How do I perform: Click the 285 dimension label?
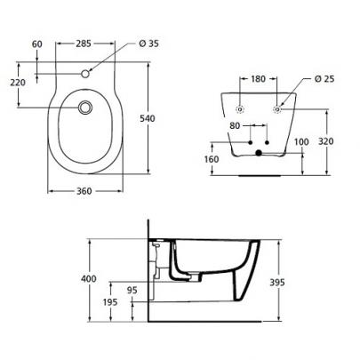coord(84,44)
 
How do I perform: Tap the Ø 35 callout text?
coord(148,44)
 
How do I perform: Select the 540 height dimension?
coord(148,118)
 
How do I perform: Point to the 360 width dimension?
coord(84,191)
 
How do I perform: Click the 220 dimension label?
coord(18,83)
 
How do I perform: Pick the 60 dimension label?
coord(37,44)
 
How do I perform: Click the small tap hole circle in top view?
coord(85,74)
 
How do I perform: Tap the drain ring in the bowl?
coord(85,107)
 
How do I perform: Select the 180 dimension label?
coord(258,79)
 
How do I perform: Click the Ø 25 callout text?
coord(324,79)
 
